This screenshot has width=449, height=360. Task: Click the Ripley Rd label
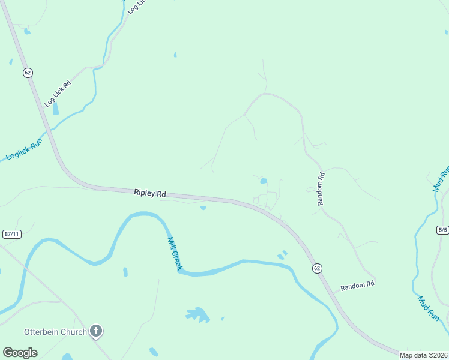coord(150,194)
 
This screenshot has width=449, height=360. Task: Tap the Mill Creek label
coord(174,253)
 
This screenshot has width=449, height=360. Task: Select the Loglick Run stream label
coord(23,148)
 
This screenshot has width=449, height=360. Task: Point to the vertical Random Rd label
coord(321,189)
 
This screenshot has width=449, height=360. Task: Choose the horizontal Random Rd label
coord(358,286)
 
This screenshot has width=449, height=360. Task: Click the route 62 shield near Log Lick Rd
coord(28,73)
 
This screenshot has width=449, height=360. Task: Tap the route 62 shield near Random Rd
coord(316,268)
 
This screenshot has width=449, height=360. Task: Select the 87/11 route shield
coord(12,234)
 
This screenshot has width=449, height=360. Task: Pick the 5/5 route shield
coord(442,230)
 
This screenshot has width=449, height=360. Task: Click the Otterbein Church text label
coord(55,331)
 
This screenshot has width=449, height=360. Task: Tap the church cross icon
coord(96,331)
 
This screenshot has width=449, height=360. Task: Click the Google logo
coord(20,353)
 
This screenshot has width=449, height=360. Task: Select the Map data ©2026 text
coord(423,355)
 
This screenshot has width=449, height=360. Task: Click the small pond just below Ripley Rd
coord(203,208)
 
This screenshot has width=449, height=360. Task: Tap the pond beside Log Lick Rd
coord(56,109)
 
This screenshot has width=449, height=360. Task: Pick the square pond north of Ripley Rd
coord(263,181)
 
